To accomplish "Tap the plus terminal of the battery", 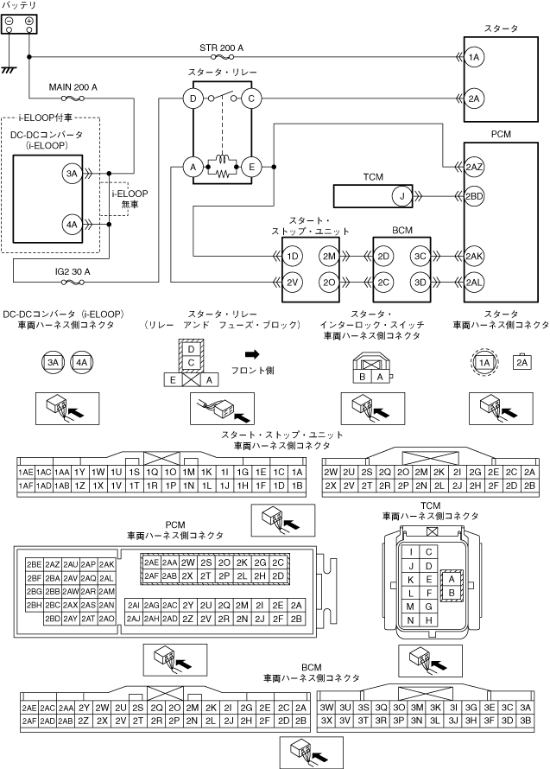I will click(28, 21).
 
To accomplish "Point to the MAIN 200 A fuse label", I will click(73, 87).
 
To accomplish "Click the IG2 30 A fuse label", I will click(73, 270).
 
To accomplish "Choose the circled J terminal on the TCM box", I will click(400, 196).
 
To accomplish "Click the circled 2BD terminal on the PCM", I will click(473, 196).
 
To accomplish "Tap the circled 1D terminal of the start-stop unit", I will click(292, 257).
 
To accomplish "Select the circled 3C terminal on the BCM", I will click(420, 257).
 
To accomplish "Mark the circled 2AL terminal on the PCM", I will click(473, 283).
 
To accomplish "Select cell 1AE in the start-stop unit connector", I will click(25, 473).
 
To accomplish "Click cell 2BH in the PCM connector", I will click(35, 605).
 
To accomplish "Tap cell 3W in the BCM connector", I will click(327, 707).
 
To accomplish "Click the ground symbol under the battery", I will click(10, 70).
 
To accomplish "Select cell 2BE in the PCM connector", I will click(35, 563).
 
